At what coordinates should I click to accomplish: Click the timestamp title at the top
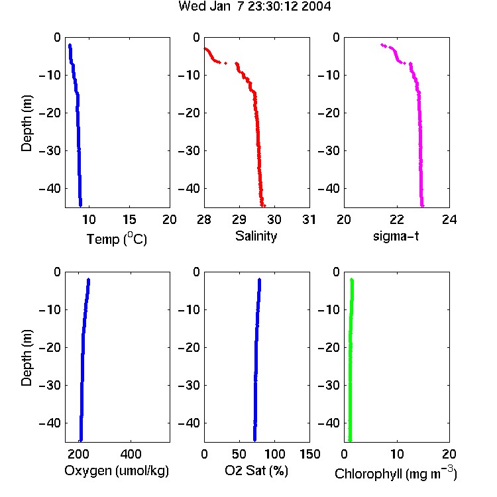254,6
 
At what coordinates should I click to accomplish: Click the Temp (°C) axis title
117,239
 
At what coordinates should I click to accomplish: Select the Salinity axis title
256,236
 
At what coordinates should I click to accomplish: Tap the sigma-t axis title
396,236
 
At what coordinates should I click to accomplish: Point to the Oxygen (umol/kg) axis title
117,470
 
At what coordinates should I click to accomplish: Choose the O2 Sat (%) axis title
256,470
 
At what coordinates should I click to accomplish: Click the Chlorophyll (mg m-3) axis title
396,473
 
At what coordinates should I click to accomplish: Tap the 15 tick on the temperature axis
129,219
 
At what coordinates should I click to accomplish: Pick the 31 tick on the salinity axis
309,219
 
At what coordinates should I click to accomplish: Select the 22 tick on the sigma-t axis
396,219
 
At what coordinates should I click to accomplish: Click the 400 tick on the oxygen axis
131,454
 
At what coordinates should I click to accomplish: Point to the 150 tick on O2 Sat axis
309,454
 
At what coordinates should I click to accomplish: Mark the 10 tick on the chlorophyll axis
396,454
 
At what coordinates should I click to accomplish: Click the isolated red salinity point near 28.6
225,63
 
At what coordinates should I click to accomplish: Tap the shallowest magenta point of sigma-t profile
382,44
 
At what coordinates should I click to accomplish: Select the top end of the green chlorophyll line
351,280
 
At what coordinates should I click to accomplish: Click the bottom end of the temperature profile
80,205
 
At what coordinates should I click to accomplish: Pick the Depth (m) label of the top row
27,123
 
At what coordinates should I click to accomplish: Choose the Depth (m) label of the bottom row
27,358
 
